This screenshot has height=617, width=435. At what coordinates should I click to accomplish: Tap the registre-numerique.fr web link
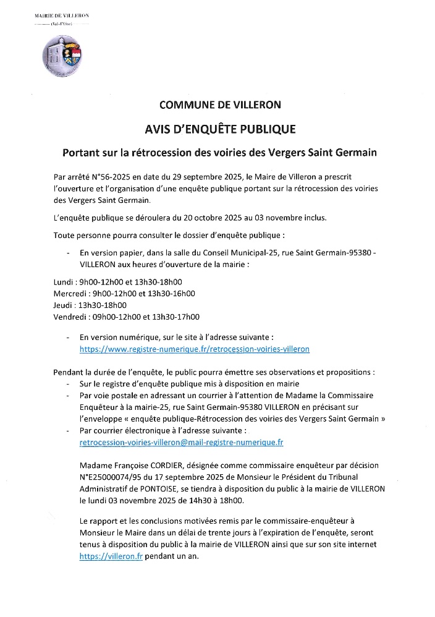(195, 349)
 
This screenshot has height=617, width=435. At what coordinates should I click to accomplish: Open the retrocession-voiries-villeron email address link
(182, 443)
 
